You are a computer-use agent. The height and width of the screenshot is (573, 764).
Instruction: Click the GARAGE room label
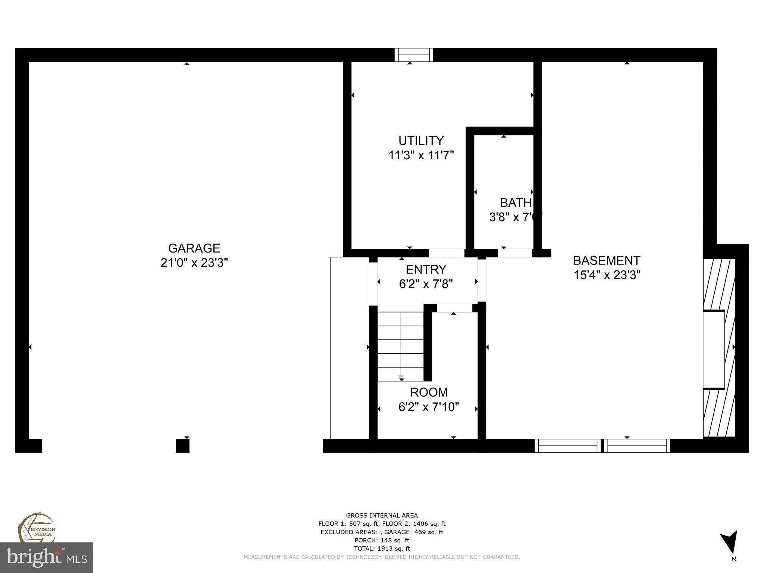pyautogui.click(x=194, y=248)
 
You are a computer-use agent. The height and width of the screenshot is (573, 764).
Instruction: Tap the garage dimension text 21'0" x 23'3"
pyautogui.click(x=194, y=263)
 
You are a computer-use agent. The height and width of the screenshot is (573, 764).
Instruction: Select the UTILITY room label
pyautogui.click(x=421, y=141)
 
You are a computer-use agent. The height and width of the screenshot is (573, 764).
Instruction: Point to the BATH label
pyautogui.click(x=516, y=203)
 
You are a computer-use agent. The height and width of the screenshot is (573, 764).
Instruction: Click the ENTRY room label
pyautogui.click(x=426, y=269)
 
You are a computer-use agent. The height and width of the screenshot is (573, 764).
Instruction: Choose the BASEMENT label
pyautogui.click(x=607, y=260)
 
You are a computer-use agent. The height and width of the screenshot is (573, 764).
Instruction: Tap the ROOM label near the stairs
pyautogui.click(x=429, y=392)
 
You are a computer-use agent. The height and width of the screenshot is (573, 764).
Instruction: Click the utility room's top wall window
pyautogui.click(x=414, y=55)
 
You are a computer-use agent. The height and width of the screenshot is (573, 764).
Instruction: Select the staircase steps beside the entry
pyautogui.click(x=400, y=346)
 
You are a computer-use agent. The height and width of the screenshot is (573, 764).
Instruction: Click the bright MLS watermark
pyautogui.click(x=47, y=558)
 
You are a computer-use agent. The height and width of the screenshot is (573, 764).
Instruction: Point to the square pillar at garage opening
pyautogui.click(x=182, y=445)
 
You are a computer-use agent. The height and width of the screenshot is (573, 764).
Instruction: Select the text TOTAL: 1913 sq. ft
pyautogui.click(x=382, y=548)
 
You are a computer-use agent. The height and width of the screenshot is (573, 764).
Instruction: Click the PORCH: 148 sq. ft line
pyautogui.click(x=382, y=540)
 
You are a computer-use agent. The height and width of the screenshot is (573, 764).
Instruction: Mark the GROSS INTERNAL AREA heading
pyautogui.click(x=382, y=516)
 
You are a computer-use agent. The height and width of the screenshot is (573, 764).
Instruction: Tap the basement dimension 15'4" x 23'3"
pyautogui.click(x=607, y=275)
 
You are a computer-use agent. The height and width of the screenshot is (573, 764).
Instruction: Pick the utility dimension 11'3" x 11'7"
pyautogui.click(x=421, y=156)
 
